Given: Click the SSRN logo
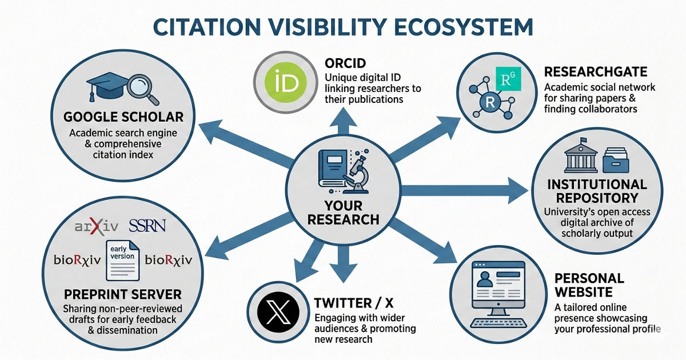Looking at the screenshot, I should click(x=147, y=225).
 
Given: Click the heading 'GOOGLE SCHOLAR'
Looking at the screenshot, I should click(x=123, y=118).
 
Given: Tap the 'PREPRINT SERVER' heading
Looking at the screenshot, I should click(x=123, y=295).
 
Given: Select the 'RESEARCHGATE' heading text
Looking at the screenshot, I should click(x=595, y=73).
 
